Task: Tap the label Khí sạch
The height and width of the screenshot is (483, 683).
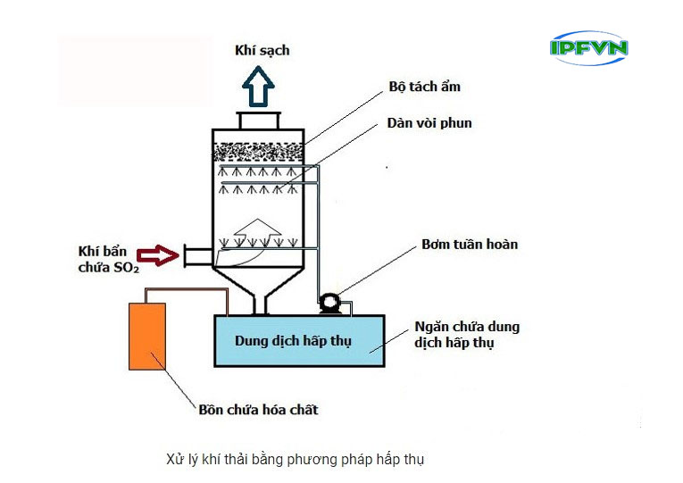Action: click(x=262, y=51)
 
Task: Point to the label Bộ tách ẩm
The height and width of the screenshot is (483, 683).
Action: click(x=424, y=87)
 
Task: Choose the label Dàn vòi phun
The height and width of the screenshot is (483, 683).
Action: click(x=429, y=123)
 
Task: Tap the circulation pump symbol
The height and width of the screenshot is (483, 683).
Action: click(x=329, y=303)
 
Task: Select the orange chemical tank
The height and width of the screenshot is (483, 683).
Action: click(x=148, y=336)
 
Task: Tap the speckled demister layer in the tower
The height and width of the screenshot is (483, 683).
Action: click(x=260, y=151)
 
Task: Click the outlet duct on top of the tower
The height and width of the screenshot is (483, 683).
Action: click(x=260, y=121)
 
